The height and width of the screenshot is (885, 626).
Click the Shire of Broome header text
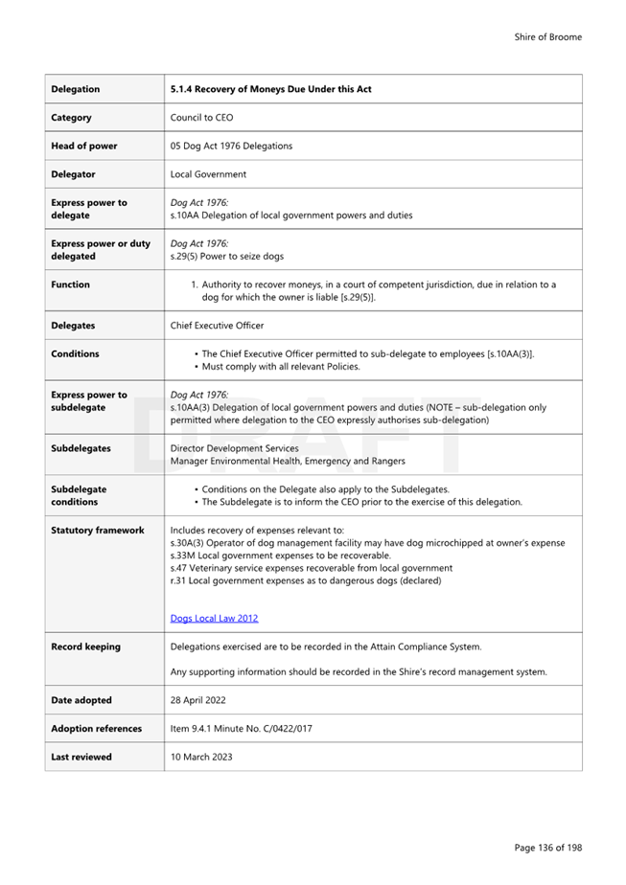547,37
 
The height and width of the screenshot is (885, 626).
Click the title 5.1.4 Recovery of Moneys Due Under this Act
270,89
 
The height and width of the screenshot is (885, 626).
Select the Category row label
72,118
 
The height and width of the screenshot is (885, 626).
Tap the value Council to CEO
201,118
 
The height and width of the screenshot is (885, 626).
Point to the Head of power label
84,146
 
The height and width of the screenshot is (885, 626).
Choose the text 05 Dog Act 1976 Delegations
231,146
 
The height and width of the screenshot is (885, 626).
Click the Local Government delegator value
208,174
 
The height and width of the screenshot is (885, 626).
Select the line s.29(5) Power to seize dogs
226,257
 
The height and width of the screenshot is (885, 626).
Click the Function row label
71,284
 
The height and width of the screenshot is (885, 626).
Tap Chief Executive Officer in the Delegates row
217,326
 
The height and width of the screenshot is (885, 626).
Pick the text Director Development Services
234,448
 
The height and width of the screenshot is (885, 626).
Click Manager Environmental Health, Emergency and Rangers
288,462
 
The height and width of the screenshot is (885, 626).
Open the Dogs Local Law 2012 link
214,619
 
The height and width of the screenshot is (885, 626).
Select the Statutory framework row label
98,530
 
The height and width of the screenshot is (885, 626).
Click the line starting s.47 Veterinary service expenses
311,568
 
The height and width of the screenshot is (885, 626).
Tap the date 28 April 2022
197,700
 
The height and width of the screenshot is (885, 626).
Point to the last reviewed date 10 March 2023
201,757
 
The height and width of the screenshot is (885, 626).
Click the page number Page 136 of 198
547,847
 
